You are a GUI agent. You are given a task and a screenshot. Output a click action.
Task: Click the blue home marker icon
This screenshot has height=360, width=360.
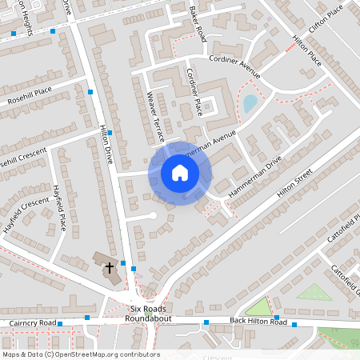pos(179,173)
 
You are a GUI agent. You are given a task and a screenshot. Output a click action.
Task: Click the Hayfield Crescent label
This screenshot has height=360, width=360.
pos(25,203)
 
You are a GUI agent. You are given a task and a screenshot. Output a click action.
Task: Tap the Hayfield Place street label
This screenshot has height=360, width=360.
pos(58,206)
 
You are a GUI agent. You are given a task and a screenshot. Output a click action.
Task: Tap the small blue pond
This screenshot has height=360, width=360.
pos(250,103)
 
